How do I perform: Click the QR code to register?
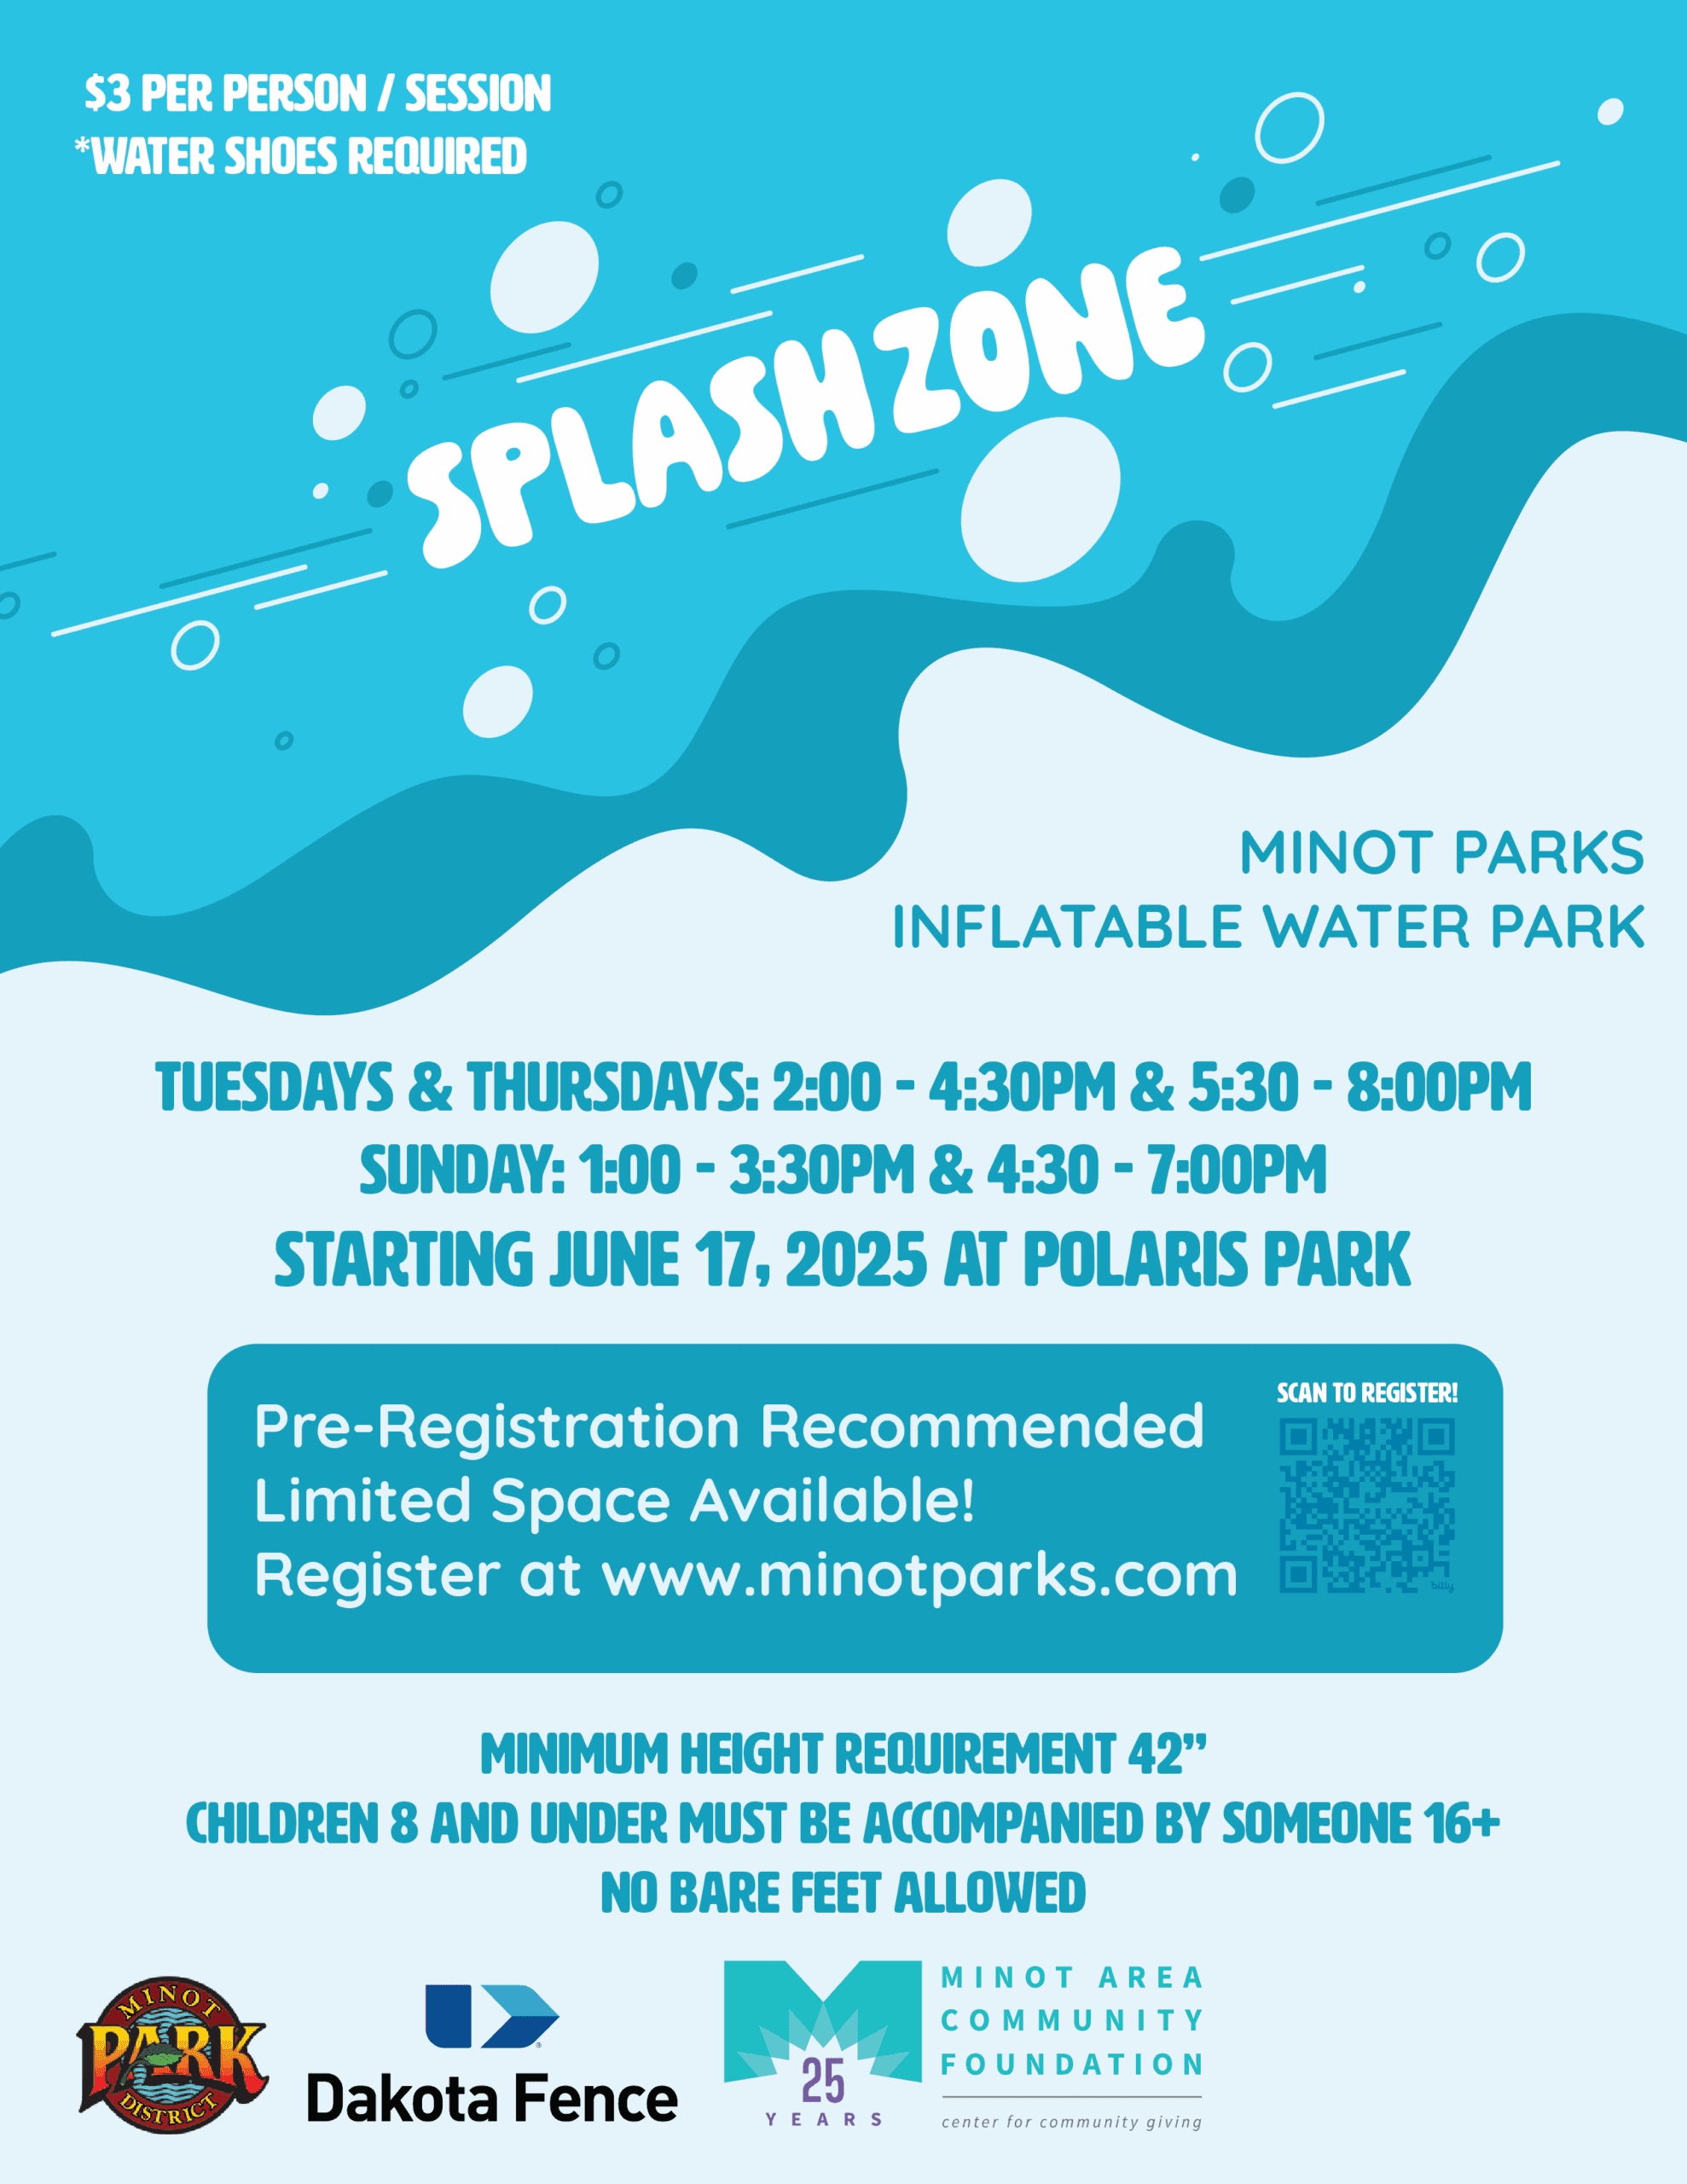pyautogui.click(x=1366, y=1506)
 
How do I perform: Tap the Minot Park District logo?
pyautogui.click(x=172, y=2055)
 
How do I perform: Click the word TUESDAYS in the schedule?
pyautogui.click(x=274, y=1087)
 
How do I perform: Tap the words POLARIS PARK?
pyautogui.click(x=1216, y=1260)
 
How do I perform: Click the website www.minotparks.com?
pyautogui.click(x=919, y=1576)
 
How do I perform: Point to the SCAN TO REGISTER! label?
pyautogui.click(x=1367, y=1393)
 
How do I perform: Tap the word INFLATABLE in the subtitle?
pyautogui.click(x=1066, y=927)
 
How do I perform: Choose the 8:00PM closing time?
pyautogui.click(x=1439, y=1087)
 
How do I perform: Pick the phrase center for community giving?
pyautogui.click(x=1071, y=2122)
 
